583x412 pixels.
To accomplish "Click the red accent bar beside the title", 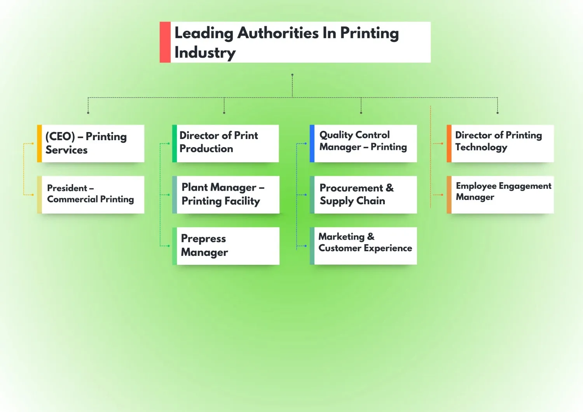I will pyautogui.click(x=165, y=42).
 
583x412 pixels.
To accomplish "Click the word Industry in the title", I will pyautogui.click(x=205, y=52).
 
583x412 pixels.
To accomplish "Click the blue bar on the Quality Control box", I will pyautogui.click(x=312, y=143).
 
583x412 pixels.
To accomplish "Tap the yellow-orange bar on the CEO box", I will pyautogui.click(x=39, y=143).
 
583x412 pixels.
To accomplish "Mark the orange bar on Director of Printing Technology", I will pyautogui.click(x=449, y=143).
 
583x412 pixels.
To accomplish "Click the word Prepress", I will pyautogui.click(x=203, y=238).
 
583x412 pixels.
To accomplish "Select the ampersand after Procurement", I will pyautogui.click(x=389, y=188).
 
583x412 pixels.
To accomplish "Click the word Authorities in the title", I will pyautogui.click(x=278, y=33).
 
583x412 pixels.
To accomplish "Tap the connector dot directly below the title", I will pyautogui.click(x=292, y=75).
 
